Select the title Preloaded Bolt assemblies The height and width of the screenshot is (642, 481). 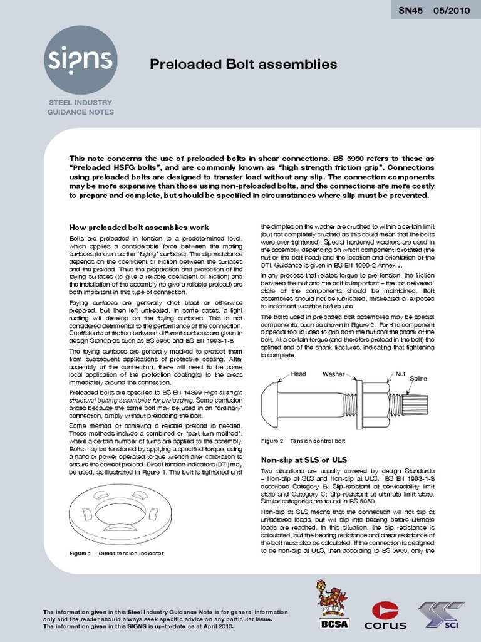244,65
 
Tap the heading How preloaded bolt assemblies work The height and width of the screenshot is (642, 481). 138,227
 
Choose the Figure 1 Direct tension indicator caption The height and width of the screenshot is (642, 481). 116,554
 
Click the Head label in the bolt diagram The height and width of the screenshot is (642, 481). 299,374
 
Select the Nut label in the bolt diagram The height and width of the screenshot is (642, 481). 401,374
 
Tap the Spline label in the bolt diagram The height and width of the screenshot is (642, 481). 418,379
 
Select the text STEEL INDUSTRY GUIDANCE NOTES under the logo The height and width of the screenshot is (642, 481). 81,107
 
